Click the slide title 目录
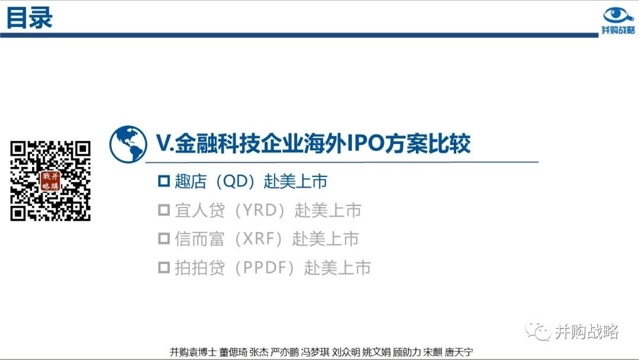click(x=30, y=18)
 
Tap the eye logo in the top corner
click(x=618, y=15)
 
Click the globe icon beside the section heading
click(x=128, y=144)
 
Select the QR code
click(x=50, y=181)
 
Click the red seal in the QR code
click(x=50, y=181)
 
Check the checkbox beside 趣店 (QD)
click(x=164, y=181)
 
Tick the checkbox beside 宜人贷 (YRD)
click(x=164, y=210)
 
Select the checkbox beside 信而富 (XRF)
click(x=164, y=239)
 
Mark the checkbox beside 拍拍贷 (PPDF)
click(x=164, y=268)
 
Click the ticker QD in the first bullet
click(x=235, y=181)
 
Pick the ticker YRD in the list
click(x=260, y=210)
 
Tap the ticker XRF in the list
click(x=259, y=239)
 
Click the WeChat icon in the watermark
click(x=538, y=331)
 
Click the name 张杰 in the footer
click(x=259, y=352)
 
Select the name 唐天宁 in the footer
click(x=459, y=352)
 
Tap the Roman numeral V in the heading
click(x=163, y=143)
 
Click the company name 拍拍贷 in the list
click(x=200, y=268)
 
